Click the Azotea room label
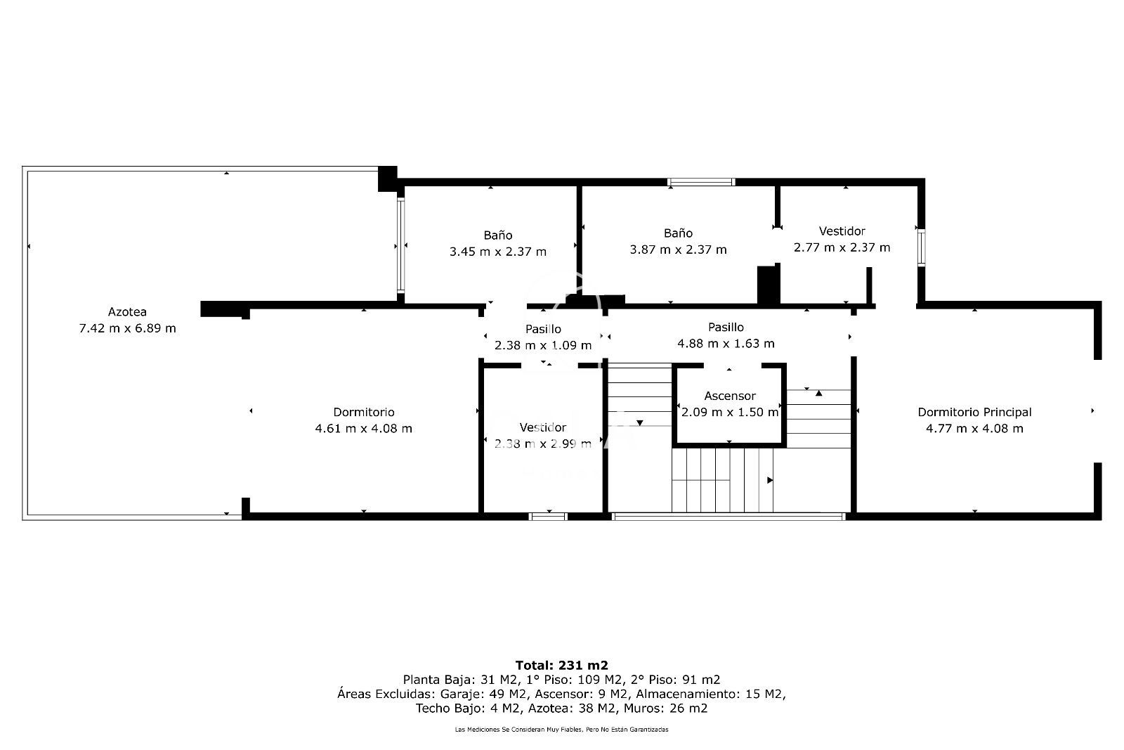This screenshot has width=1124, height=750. tap(127, 311)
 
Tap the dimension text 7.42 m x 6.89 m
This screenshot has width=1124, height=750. tap(127, 328)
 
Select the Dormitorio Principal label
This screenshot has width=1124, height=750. tap(974, 412)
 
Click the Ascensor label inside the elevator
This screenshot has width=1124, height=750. tap(729, 396)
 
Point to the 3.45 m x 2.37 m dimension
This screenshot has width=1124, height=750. tap(497, 251)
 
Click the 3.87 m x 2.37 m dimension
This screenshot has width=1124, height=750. tap(678, 250)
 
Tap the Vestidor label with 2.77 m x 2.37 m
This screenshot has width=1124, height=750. tap(842, 231)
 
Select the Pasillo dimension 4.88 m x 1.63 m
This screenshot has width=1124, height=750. tap(726, 343)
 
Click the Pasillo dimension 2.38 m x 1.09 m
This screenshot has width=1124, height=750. tap(542, 345)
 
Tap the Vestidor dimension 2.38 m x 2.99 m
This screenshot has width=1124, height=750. tap(542, 444)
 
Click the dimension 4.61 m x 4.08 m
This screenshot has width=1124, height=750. tap(363, 428)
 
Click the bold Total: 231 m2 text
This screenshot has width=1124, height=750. tap(561, 665)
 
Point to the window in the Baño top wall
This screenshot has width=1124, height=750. tap(700, 182)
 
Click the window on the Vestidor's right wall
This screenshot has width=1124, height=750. tap(920, 247)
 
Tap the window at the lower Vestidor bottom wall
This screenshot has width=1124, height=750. tap(548, 517)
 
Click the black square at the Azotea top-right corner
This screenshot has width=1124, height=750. tap(387, 178)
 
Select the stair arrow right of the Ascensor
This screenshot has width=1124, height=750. tap(818, 394)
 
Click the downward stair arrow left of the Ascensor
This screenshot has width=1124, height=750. tap(639, 422)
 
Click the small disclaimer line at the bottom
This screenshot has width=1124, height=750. tap(561, 730)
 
